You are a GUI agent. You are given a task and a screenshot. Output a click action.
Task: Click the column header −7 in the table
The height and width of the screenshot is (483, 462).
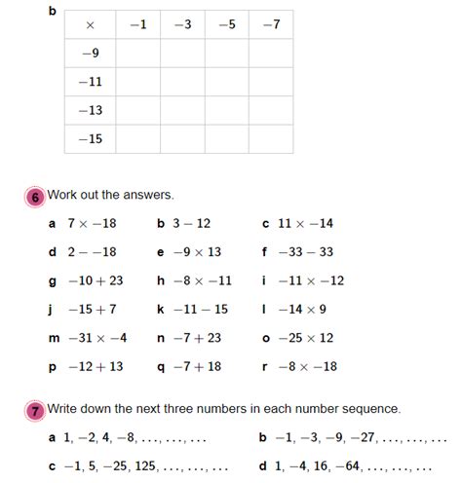[x=271, y=24]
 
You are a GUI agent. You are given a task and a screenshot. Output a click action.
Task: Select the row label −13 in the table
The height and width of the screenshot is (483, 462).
[x=90, y=110]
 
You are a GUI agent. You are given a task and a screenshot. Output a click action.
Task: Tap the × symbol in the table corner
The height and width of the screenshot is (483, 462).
[x=90, y=24]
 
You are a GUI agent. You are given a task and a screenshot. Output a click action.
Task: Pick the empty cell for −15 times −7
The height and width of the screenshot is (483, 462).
[x=271, y=139]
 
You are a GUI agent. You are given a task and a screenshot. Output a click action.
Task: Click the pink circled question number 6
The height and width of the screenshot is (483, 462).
[x=35, y=196]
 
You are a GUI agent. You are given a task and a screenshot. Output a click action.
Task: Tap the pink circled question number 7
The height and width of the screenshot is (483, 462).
[x=35, y=410]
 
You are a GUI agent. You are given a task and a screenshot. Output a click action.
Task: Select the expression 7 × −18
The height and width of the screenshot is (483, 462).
[x=92, y=223]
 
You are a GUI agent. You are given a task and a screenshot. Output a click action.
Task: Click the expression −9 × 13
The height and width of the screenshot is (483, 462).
[x=197, y=251]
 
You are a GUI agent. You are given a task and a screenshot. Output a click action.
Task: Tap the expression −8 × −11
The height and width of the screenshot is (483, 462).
[x=201, y=280]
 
